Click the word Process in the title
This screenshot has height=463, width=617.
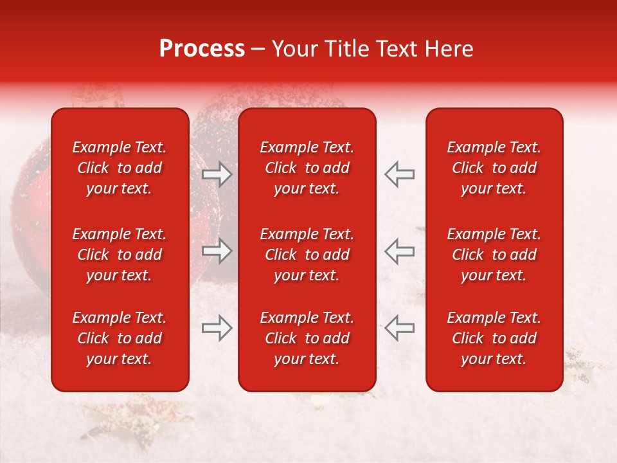tap(202, 49)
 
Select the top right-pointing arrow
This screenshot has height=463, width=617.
tap(217, 174)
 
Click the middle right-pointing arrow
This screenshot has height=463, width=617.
tap(217, 251)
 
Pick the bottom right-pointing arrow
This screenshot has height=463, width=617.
tap(217, 328)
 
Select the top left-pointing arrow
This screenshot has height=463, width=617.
tap(399, 174)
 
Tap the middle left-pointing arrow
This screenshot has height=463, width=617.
tap(399, 251)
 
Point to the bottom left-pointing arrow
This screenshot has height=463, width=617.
tap(399, 328)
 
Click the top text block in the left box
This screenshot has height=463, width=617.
tap(120, 168)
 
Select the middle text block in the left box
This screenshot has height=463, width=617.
tap(120, 255)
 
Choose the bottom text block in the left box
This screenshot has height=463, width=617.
tap(120, 338)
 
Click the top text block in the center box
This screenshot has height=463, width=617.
tap(307, 168)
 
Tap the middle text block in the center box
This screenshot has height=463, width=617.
tap(307, 255)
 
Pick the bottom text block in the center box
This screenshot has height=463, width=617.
tap(307, 338)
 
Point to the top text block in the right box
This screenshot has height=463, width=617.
tap(494, 168)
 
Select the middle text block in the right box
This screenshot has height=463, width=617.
tap(494, 255)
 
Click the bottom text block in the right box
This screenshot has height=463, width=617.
tap(494, 338)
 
